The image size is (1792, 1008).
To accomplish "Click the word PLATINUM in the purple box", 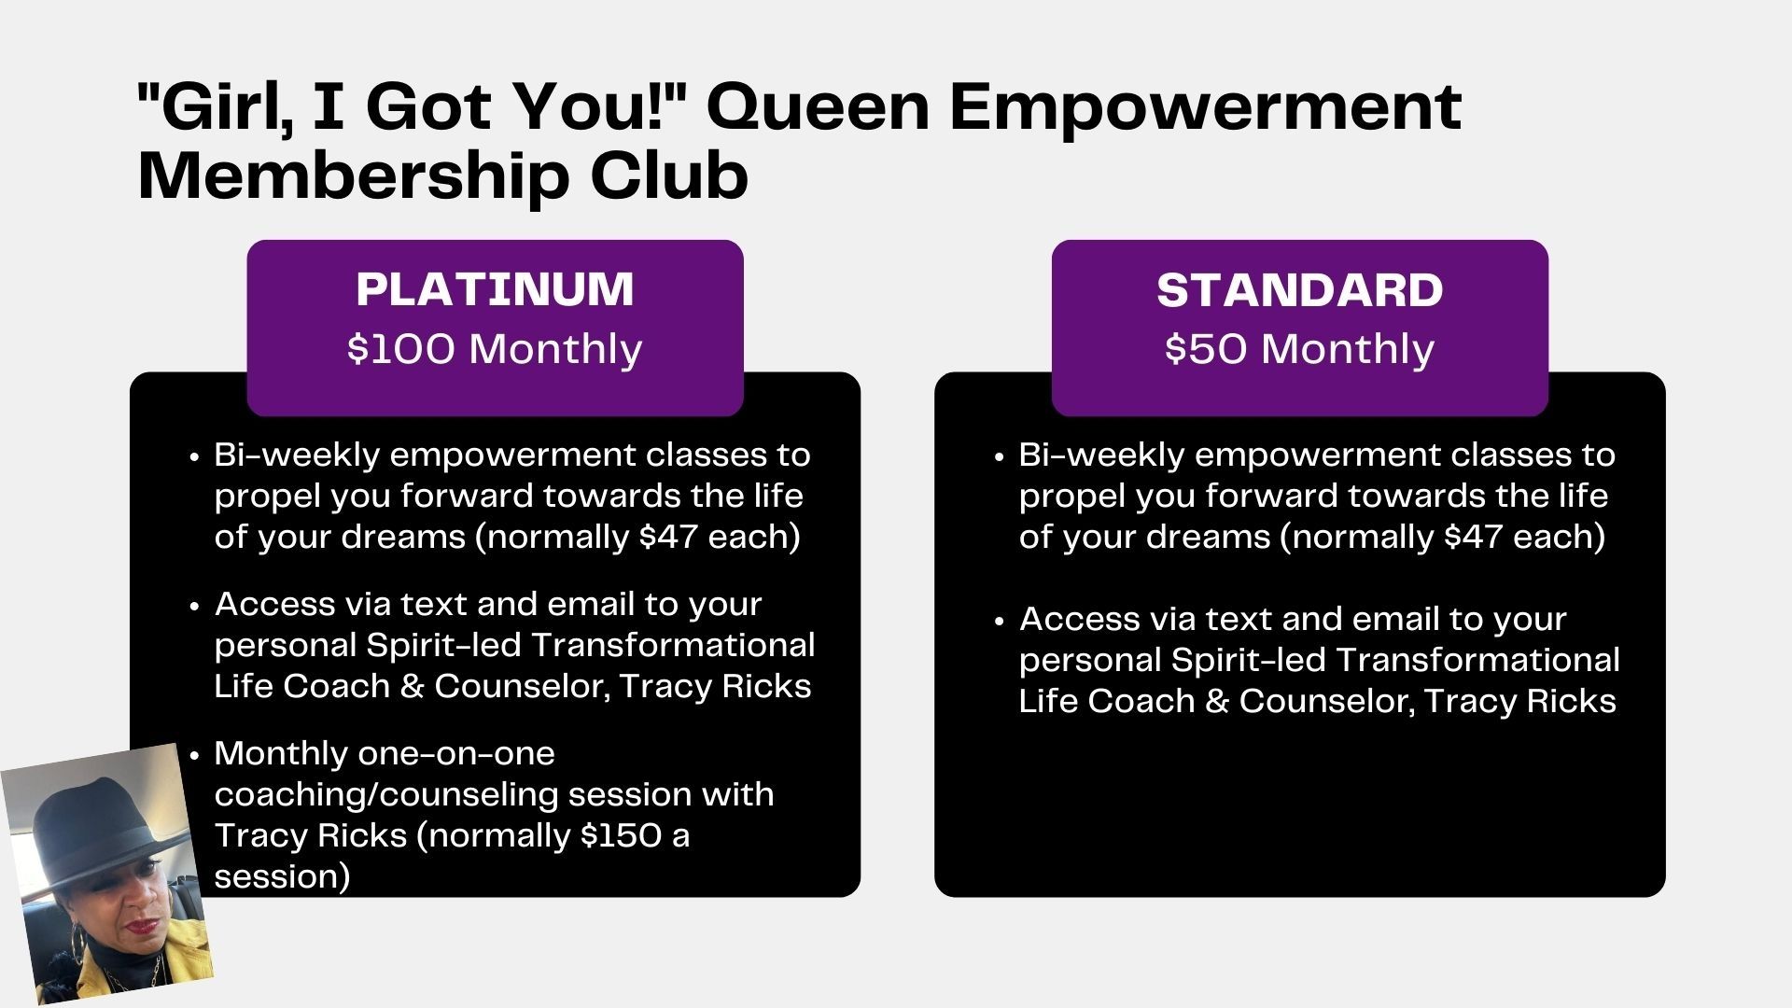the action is tap(495, 288).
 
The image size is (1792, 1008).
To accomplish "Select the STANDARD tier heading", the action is tap(1299, 290).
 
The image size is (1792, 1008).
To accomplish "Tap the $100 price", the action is tap(401, 349).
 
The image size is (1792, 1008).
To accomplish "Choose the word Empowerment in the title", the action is tap(1205, 108).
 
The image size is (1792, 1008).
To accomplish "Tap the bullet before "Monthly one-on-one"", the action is tap(194, 755).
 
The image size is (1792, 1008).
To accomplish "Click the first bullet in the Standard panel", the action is tap(1000, 457).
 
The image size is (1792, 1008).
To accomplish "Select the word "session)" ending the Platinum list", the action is tap(282, 876).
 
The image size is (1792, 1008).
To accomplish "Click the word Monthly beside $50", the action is tap(1347, 350).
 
